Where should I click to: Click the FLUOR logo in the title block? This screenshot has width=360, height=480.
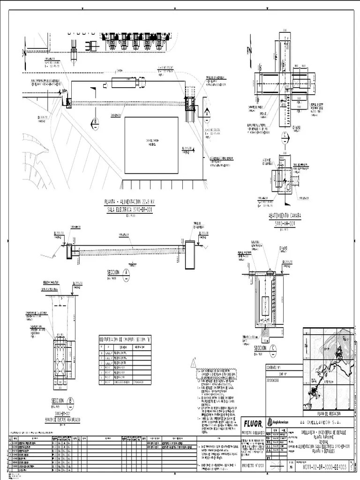point(253,424)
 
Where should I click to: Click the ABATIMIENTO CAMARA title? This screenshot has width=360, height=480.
point(285,217)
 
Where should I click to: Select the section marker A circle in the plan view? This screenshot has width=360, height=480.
point(207,112)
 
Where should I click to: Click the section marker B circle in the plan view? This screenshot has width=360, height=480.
point(96,121)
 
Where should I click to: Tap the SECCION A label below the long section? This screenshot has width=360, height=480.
point(114,272)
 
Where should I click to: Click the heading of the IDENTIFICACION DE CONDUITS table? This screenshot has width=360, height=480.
point(125,339)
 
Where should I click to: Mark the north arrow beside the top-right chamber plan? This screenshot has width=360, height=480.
point(252,50)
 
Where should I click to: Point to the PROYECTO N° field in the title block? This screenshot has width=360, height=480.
point(254,467)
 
